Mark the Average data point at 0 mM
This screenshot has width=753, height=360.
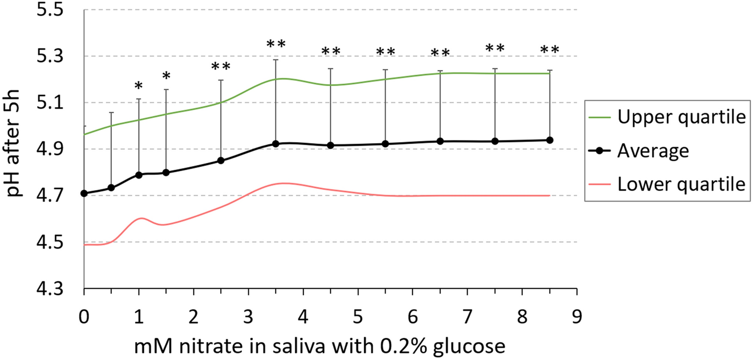coord(84,193)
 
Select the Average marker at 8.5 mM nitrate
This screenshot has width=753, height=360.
coord(550,140)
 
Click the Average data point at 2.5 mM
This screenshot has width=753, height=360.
coord(221,161)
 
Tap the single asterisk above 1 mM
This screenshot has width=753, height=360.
coord(138,86)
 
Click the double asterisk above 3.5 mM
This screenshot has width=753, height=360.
coord(276,44)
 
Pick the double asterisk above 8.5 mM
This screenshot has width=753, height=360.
coord(550,50)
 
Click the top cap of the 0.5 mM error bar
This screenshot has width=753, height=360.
coord(111,112)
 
